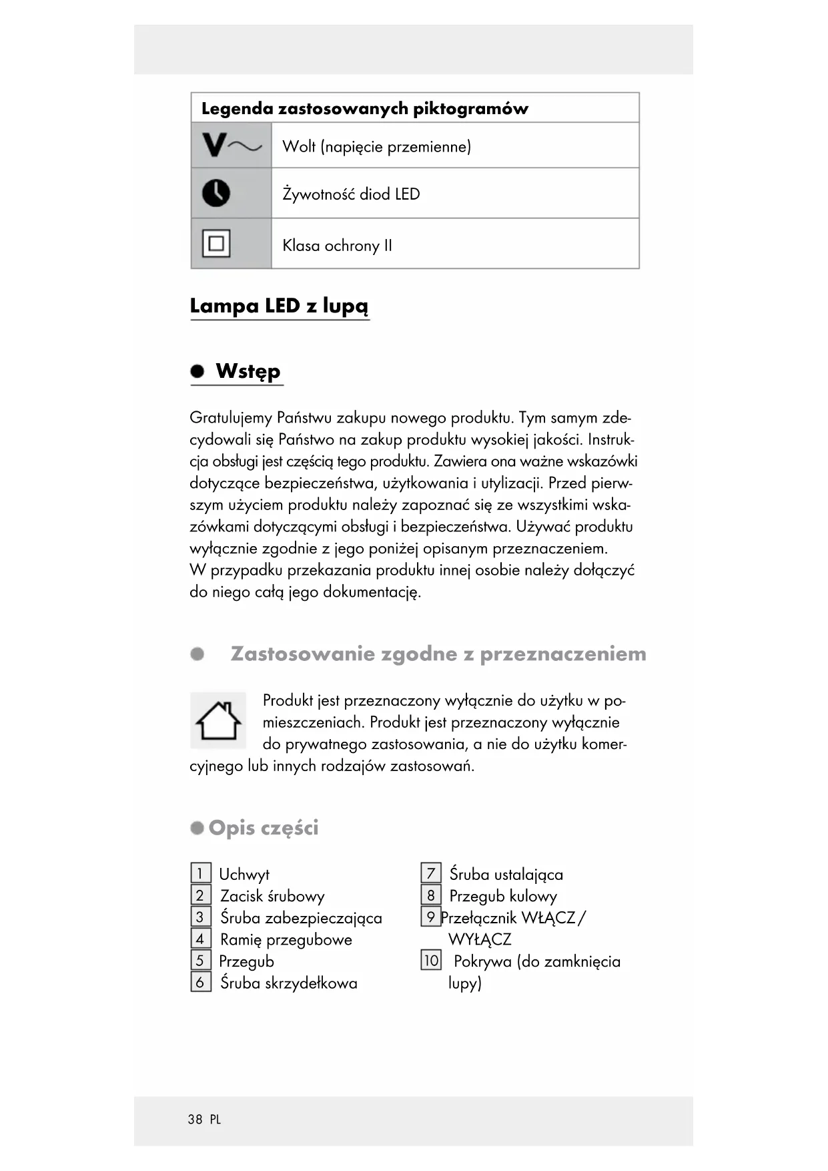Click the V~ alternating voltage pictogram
(232, 145)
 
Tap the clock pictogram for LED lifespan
(216, 194)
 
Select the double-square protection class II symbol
(216, 244)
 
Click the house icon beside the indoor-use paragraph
(218, 720)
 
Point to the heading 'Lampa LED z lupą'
(279, 306)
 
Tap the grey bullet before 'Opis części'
(197, 828)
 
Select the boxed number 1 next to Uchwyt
(200, 873)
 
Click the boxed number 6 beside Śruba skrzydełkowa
(200, 982)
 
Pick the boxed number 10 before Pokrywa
(431, 961)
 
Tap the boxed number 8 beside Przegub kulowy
(431, 895)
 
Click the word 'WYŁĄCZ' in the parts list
(480, 939)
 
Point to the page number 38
(195, 1120)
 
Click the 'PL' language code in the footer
(215, 1120)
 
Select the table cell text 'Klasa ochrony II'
(337, 246)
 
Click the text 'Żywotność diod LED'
(351, 194)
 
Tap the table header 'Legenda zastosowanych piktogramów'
(364, 108)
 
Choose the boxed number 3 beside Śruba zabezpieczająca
(200, 917)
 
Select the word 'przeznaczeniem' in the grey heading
(562, 654)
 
